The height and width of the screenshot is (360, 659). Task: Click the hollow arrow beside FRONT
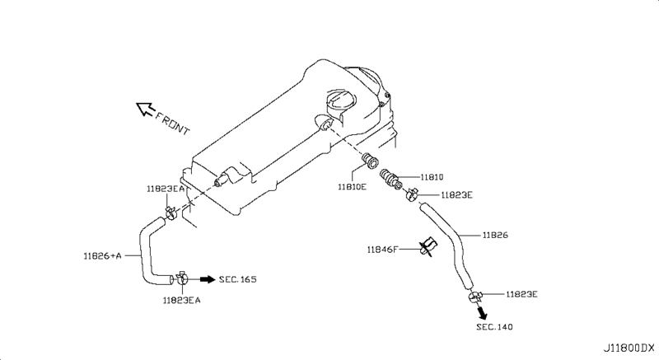pyautogui.click(x=145, y=108)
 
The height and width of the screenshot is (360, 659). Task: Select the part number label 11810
pyautogui.click(x=432, y=175)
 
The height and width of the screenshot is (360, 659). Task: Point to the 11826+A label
pyautogui.click(x=102, y=255)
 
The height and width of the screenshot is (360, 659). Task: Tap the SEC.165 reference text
pyautogui.click(x=238, y=280)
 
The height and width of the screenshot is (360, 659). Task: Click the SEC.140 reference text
pyautogui.click(x=494, y=327)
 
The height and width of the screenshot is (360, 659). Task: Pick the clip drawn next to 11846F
pyautogui.click(x=428, y=247)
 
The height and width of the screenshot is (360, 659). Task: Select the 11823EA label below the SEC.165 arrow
pyautogui.click(x=181, y=300)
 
